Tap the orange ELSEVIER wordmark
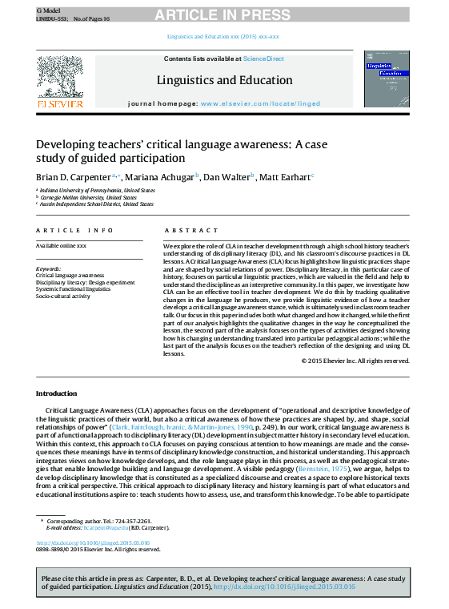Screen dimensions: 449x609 point(60,103)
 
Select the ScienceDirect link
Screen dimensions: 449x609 point(263,58)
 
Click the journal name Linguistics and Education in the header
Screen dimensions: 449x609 point(224,80)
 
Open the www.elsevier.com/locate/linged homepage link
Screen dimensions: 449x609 point(260,104)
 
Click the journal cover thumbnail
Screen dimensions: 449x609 point(386,79)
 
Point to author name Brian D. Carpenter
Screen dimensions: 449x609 point(74,176)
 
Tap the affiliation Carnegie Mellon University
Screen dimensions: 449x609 point(89,197)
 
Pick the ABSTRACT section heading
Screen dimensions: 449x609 point(180,230)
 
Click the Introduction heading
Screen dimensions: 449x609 point(56,393)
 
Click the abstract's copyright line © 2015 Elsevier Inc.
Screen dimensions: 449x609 point(355,361)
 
